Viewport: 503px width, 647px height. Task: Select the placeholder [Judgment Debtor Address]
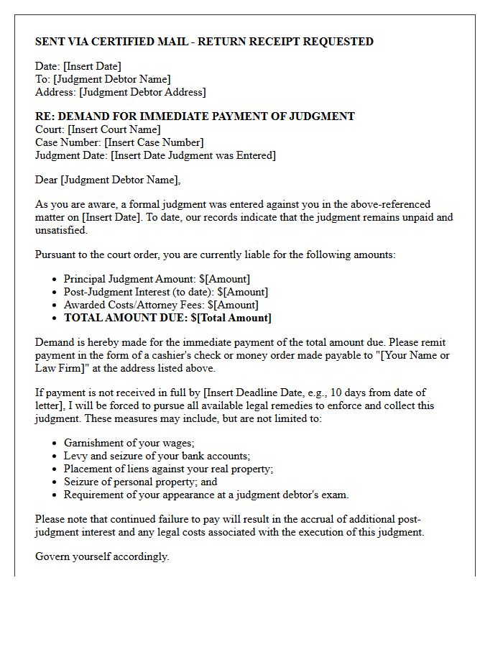pos(142,92)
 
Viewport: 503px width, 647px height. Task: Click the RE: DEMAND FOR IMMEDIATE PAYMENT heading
pos(195,116)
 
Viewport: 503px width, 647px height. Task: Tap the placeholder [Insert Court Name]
pos(114,129)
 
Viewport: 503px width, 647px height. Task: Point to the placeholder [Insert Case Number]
pos(154,142)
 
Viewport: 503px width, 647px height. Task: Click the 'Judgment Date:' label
pos(70,155)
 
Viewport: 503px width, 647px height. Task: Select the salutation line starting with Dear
pos(108,180)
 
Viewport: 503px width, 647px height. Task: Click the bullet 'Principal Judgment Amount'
pos(157,279)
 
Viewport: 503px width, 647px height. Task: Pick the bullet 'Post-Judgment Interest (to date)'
pos(165,292)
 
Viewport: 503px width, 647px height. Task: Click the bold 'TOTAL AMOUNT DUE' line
pos(167,318)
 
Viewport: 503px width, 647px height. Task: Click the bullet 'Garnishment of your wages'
pos(129,443)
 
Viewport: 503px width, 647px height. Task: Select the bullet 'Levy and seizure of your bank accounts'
pos(157,456)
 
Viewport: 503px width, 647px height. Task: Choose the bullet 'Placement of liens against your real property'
pos(168,469)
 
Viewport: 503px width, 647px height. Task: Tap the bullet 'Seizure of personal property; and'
pos(140,482)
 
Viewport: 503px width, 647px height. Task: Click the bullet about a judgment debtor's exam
pos(206,495)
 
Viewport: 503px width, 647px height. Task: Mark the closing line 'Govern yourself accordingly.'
pos(102,556)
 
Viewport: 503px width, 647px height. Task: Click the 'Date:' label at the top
pos(47,66)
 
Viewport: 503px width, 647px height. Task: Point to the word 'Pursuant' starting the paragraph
pos(57,254)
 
